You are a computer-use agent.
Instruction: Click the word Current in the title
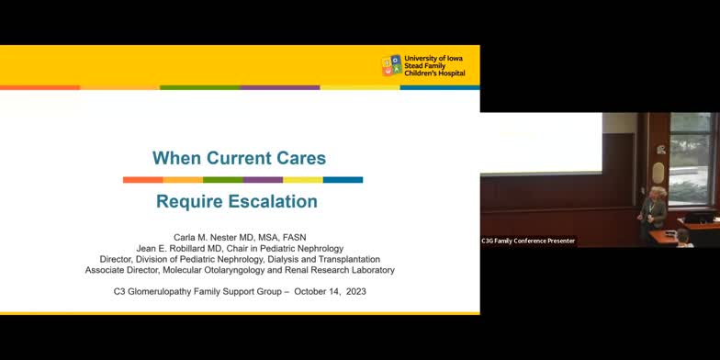click(237, 157)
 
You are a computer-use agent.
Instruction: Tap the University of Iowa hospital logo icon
click(391, 65)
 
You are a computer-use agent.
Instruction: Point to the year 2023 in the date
click(357, 291)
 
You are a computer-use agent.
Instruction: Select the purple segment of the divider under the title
click(263, 180)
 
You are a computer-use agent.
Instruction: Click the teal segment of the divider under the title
click(343, 180)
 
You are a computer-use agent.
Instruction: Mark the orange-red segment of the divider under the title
click(142, 180)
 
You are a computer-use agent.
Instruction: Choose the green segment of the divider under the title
click(222, 180)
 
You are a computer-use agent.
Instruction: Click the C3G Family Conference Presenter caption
click(528, 241)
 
